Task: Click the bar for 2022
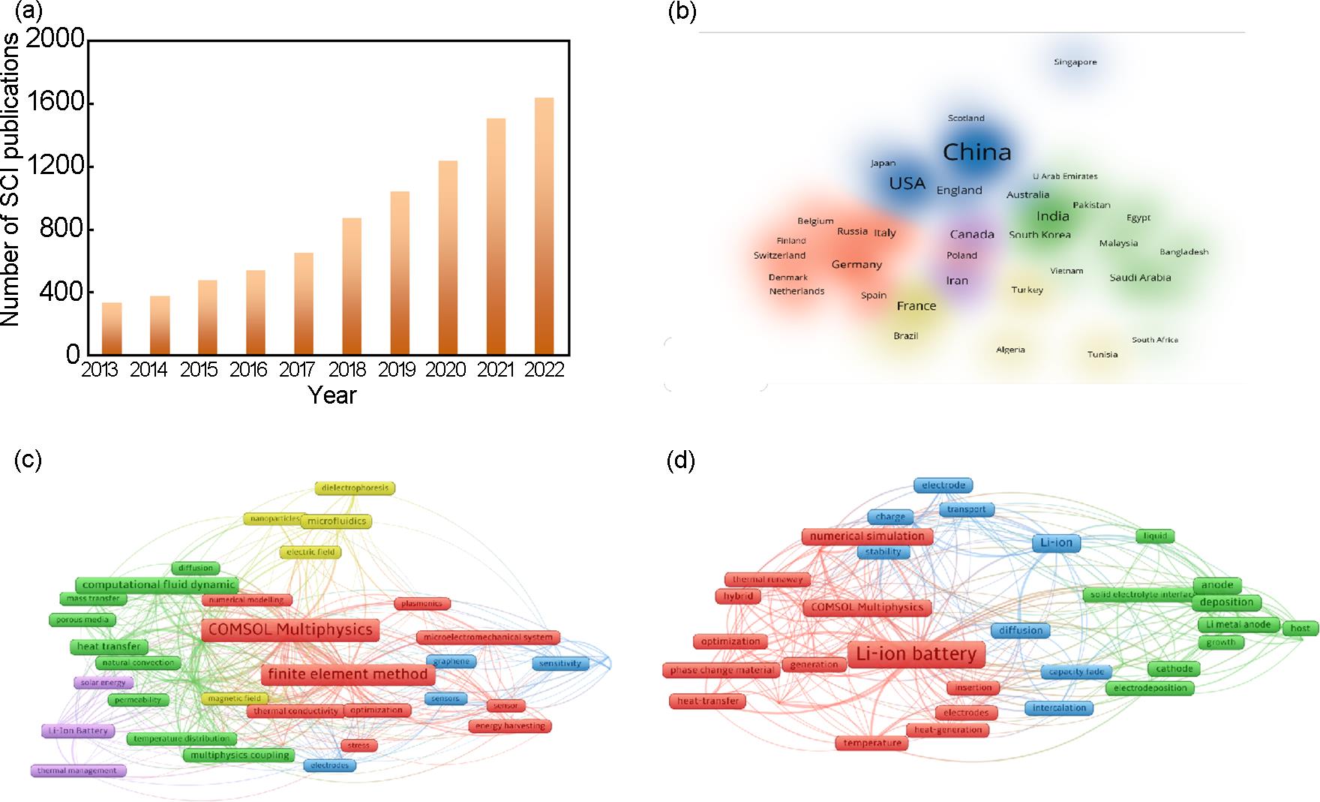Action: tap(544, 226)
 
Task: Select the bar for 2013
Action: tap(112, 328)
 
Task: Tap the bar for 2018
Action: tap(352, 286)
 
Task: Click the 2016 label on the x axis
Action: tap(249, 370)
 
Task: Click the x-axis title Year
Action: tap(332, 395)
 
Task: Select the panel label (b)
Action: tap(682, 13)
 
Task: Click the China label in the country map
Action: tap(976, 152)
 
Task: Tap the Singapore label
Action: tap(1075, 62)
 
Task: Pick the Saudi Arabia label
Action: tap(1140, 278)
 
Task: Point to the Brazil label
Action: tap(905, 336)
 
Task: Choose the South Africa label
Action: tap(1154, 340)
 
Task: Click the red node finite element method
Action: tap(347, 674)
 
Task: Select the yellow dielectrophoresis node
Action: tap(355, 488)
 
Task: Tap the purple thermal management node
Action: tap(77, 770)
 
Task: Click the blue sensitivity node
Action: tap(560, 663)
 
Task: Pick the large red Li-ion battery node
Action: tap(916, 654)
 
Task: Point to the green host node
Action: tap(1300, 629)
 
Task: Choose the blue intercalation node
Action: tap(1059, 707)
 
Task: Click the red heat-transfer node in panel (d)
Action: tap(707, 701)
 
